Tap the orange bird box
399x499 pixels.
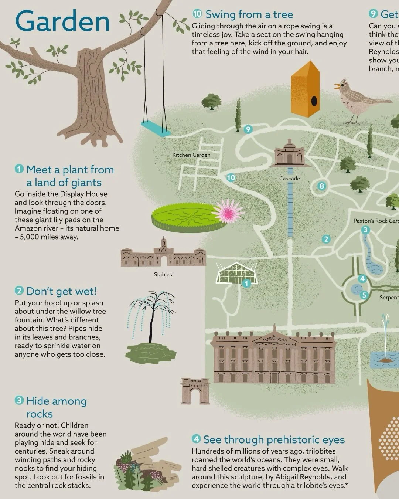(305, 89)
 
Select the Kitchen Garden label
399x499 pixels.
(191, 155)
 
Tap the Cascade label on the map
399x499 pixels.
(290, 179)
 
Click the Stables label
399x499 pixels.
(163, 274)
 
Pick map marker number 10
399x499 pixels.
(231, 177)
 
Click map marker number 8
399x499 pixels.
(322, 186)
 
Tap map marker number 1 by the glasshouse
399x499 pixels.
(246, 284)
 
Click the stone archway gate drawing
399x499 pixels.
(195, 391)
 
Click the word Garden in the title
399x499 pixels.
(63, 21)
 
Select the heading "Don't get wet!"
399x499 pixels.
(61, 291)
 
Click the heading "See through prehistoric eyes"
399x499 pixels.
(274, 439)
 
